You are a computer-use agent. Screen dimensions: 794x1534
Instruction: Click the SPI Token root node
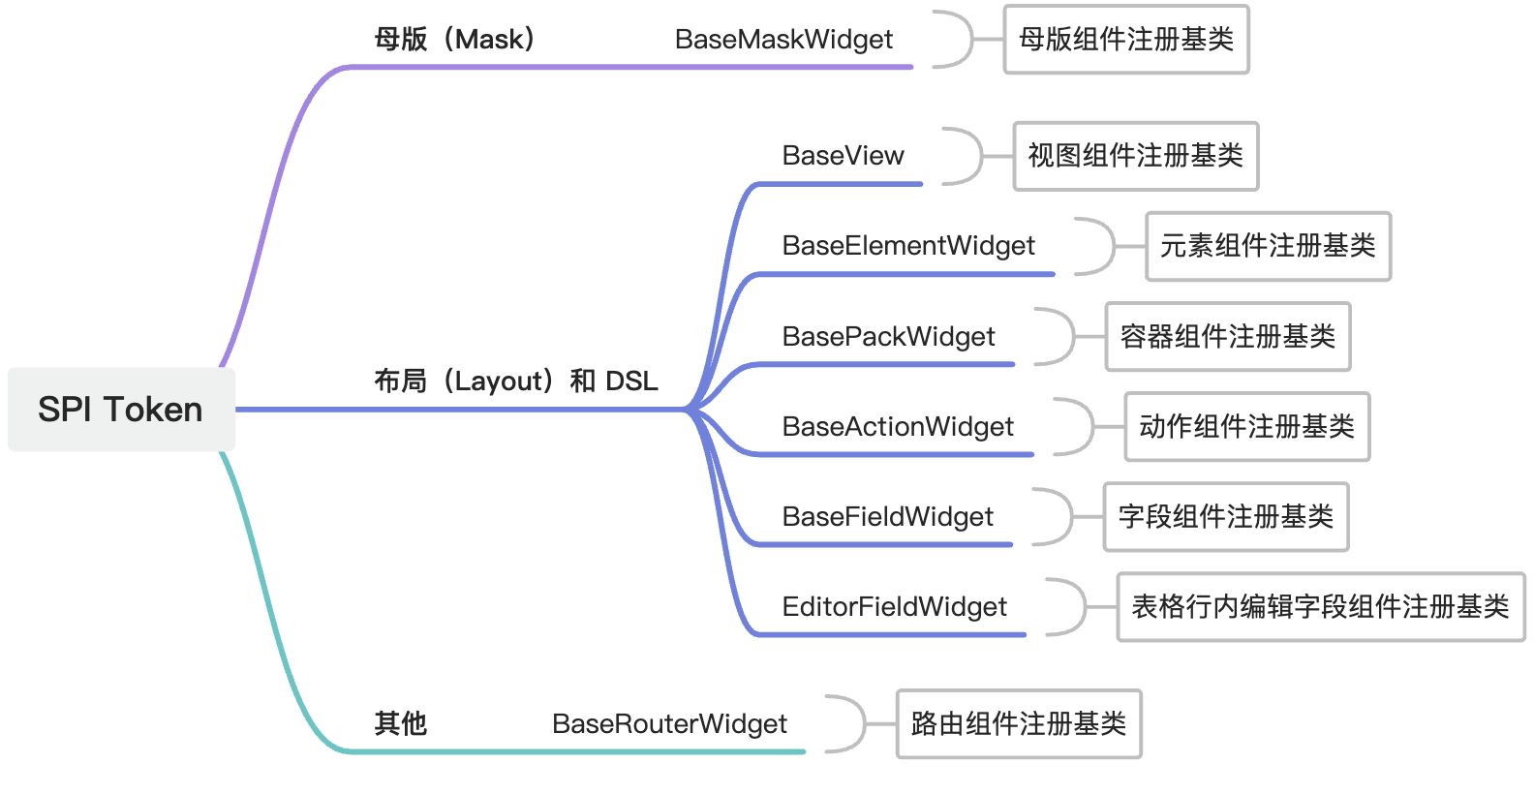coord(121,410)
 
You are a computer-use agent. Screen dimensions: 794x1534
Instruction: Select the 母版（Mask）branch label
coord(455,40)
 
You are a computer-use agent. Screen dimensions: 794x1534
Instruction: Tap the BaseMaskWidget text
coord(783,40)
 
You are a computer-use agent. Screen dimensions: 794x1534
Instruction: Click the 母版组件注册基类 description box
coord(1126,40)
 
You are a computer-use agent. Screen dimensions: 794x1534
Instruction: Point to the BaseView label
coord(843,156)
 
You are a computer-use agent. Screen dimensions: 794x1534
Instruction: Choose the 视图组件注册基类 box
coord(1135,156)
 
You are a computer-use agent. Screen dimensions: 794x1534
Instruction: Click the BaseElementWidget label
coord(908,246)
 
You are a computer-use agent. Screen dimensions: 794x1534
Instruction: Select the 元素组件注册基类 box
coord(1268,246)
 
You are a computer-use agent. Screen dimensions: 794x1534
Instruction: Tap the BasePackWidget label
coord(888,337)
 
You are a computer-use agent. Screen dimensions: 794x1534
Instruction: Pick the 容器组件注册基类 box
coord(1227,337)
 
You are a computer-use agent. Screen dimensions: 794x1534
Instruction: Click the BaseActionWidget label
coord(898,427)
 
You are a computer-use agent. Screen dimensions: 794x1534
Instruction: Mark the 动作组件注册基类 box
coord(1246,427)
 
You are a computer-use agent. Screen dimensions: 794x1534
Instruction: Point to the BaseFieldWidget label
coord(887,517)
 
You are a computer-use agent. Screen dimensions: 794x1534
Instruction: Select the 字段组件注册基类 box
coord(1225,517)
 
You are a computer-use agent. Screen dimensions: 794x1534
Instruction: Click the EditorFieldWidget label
coord(894,607)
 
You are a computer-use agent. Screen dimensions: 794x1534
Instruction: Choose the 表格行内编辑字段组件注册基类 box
coord(1320,607)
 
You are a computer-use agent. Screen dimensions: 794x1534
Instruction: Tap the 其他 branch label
coord(400,723)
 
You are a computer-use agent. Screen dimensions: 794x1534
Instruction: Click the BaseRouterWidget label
coord(669,724)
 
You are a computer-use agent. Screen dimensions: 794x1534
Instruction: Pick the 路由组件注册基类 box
coord(1018,724)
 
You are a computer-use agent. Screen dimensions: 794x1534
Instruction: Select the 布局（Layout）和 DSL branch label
coord(516,382)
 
